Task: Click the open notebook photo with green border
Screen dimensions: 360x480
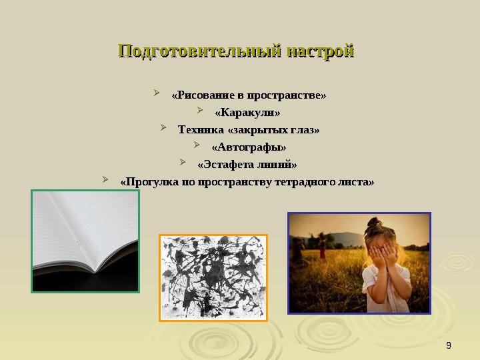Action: pyautogui.click(x=85, y=241)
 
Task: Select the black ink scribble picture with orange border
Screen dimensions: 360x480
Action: pyautogui.click(x=213, y=277)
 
